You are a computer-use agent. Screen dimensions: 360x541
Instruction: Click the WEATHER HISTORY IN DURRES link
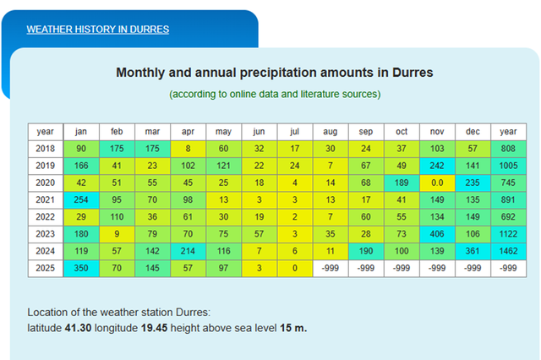(x=97, y=30)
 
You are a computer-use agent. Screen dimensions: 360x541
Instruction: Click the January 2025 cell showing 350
(x=81, y=268)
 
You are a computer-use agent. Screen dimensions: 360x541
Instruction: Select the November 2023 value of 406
(x=437, y=234)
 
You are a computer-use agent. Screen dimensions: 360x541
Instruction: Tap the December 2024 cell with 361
(x=473, y=251)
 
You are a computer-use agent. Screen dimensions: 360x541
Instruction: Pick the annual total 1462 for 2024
(x=508, y=251)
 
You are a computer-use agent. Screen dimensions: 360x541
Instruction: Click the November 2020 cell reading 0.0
(x=437, y=183)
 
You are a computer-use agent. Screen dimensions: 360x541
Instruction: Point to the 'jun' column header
(x=259, y=131)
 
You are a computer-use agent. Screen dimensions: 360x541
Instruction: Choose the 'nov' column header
(x=437, y=131)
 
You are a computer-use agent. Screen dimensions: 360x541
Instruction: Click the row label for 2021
(x=46, y=199)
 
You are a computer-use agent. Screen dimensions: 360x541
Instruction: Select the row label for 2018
(x=46, y=149)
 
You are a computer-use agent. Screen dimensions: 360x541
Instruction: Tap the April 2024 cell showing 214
(x=188, y=251)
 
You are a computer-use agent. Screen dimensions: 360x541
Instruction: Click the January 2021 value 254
(x=81, y=199)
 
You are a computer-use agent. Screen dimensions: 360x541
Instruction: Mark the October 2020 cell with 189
(x=402, y=183)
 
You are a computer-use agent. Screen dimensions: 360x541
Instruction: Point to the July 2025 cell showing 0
(x=294, y=268)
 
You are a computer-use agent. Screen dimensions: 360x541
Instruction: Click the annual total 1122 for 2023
(x=508, y=234)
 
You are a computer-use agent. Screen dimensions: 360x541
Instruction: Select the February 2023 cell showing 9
(x=117, y=234)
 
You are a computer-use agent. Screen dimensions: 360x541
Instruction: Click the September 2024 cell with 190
(x=366, y=251)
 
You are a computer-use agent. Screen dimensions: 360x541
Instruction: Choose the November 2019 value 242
(x=437, y=166)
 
